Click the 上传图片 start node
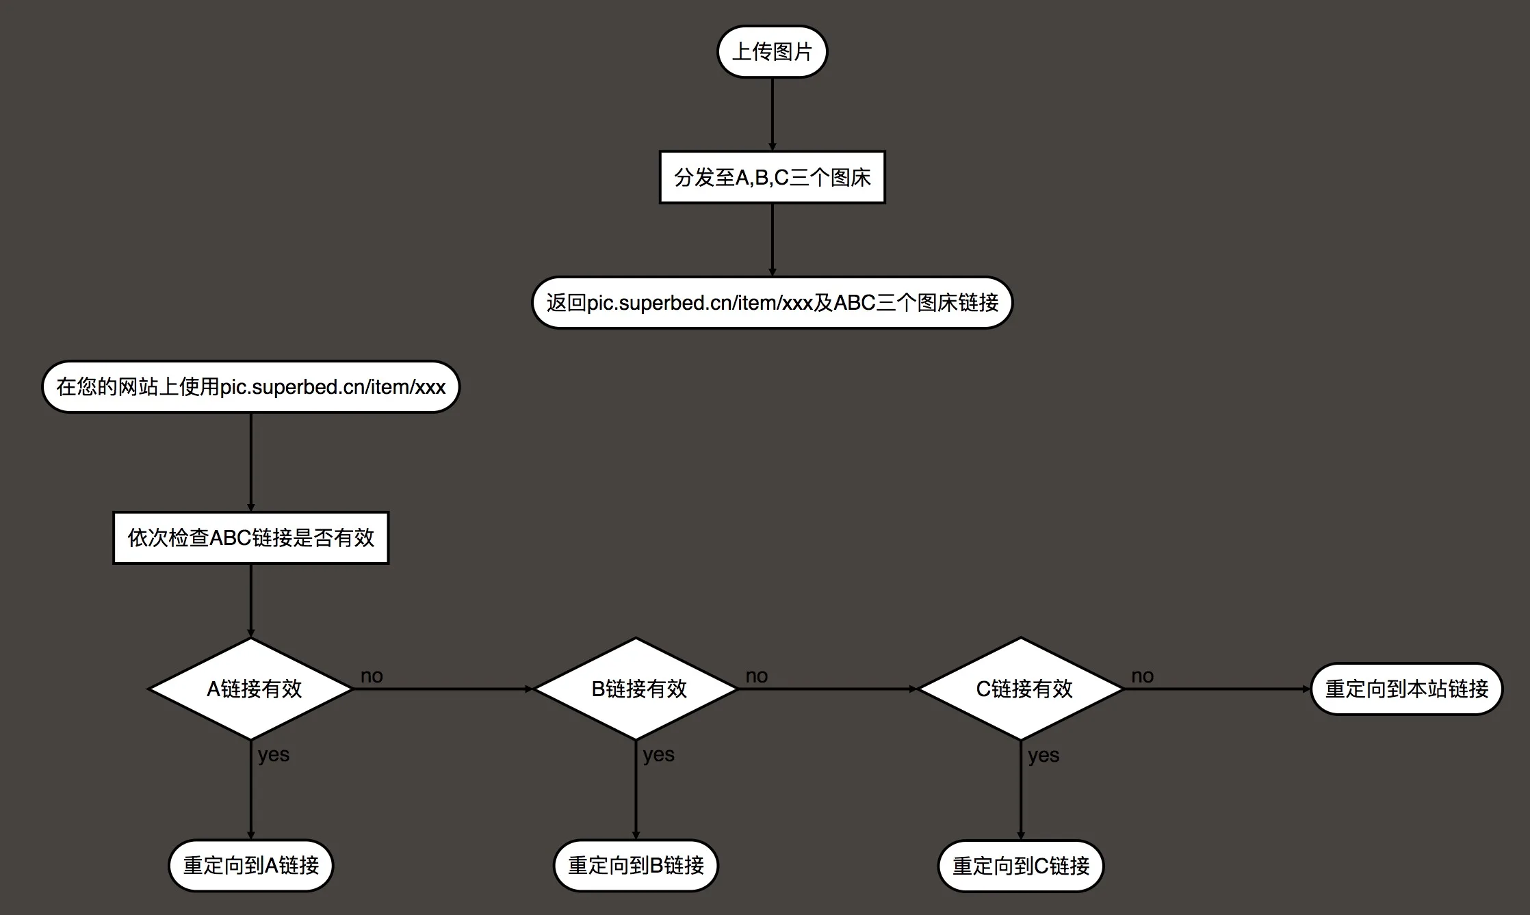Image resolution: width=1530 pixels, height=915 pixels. (772, 52)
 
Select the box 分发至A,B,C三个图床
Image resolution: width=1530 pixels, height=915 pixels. (772, 178)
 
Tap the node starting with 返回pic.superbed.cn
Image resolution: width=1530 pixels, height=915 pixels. (772, 302)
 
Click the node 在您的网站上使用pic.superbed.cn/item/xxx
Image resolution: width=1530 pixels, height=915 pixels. (250, 387)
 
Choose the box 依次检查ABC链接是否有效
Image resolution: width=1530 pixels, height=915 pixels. (250, 538)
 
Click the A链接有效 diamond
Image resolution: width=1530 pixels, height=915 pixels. (251, 689)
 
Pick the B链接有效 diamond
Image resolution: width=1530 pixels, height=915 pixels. (636, 689)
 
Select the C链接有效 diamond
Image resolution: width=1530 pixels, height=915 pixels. (1021, 689)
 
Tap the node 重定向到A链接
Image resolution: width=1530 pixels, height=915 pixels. (250, 866)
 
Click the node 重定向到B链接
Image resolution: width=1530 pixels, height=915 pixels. (636, 866)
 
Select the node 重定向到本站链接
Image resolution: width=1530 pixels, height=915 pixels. (1407, 689)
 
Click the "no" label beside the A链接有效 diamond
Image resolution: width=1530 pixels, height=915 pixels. (372, 676)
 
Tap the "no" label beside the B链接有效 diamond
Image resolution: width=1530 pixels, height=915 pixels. (756, 676)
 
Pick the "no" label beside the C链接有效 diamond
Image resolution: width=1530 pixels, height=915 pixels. (1142, 676)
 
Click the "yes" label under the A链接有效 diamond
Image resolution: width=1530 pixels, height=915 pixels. (274, 755)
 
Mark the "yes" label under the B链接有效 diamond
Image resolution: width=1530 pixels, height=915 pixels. (658, 755)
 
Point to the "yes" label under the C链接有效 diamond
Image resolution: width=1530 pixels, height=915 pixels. (1043, 756)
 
